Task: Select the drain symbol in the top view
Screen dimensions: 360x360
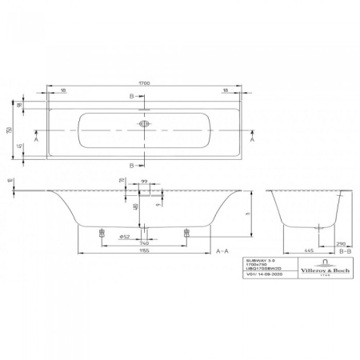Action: click(x=144, y=125)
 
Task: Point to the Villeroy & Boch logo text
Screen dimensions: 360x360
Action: click(x=323, y=271)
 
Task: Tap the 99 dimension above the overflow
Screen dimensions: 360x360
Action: click(x=144, y=181)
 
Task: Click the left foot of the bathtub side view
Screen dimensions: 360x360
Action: click(x=102, y=233)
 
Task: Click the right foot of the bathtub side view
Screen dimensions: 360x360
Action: click(x=187, y=233)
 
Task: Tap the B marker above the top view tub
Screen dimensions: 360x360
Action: click(x=133, y=96)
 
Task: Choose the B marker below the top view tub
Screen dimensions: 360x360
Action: click(x=133, y=166)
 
